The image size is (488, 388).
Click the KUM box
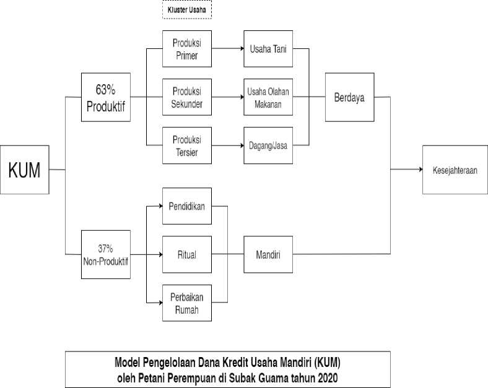[x=24, y=169]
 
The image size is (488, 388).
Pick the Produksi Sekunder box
[x=187, y=97]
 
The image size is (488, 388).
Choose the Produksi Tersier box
[x=187, y=146]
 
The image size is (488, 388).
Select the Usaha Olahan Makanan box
[x=268, y=97]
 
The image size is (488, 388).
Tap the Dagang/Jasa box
[x=268, y=146]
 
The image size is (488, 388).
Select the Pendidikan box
[x=187, y=205]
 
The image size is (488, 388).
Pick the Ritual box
[x=187, y=254]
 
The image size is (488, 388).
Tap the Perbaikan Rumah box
[x=187, y=303]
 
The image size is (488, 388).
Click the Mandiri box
[x=268, y=254]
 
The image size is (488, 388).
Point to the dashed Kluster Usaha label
[x=187, y=9]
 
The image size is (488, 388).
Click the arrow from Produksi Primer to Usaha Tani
[x=227, y=48]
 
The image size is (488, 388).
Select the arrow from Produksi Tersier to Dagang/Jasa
[x=227, y=146]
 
